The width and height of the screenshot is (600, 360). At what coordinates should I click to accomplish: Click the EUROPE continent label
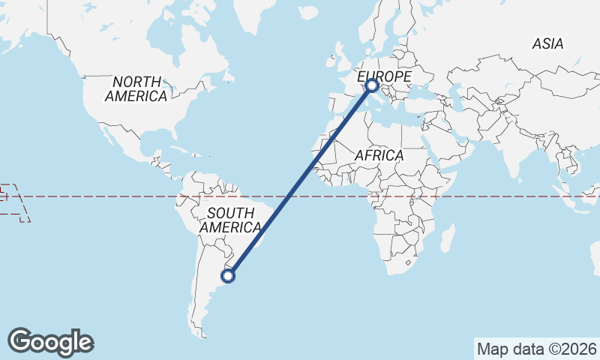(x=384, y=77)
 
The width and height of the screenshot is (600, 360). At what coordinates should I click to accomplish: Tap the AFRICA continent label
(x=379, y=155)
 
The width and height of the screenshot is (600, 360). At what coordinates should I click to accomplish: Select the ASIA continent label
(x=547, y=44)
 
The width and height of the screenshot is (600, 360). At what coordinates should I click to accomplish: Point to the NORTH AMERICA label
(x=136, y=88)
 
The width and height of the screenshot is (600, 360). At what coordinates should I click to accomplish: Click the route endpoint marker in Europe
(x=372, y=85)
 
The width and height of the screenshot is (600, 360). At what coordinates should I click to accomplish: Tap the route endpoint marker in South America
(x=228, y=276)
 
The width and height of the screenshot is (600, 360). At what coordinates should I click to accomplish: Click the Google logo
(x=50, y=341)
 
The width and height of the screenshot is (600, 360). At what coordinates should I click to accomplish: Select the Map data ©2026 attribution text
(x=536, y=349)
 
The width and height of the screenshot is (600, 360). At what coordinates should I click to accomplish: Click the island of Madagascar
(x=448, y=238)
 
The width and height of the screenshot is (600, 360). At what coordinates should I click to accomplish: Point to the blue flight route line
(x=300, y=181)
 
